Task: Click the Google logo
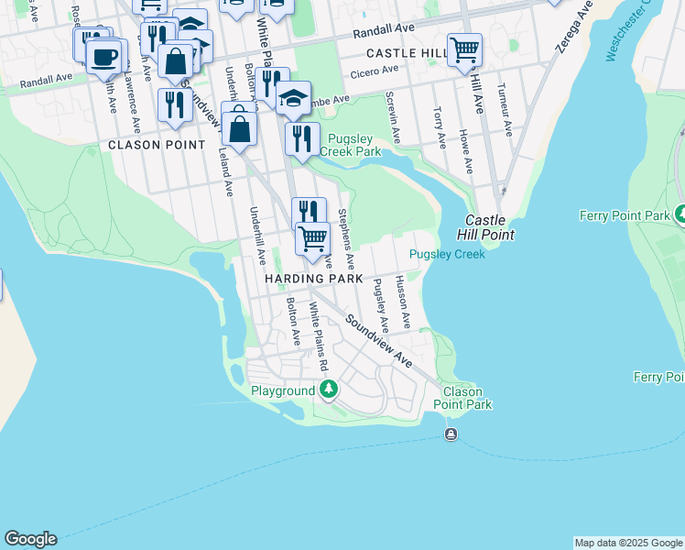30,539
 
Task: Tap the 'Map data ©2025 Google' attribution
628,543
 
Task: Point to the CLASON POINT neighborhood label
158,145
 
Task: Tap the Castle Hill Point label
489,228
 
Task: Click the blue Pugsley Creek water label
447,254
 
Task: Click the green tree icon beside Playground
328,390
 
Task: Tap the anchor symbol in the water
451,434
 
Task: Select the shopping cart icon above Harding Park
312,237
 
